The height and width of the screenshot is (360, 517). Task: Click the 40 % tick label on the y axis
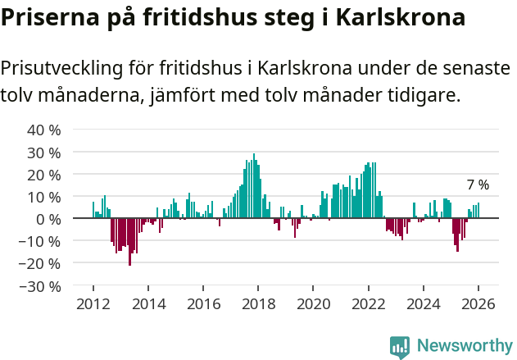click(44, 130)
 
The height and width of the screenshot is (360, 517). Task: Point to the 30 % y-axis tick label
click(44, 153)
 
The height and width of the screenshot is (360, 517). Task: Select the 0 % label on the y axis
click(48, 219)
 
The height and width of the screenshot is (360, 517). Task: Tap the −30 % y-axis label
click(41, 286)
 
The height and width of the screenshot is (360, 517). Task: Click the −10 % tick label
click(41, 242)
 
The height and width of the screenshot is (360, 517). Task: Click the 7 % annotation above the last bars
click(478, 185)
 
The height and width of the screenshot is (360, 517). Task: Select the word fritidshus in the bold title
click(202, 17)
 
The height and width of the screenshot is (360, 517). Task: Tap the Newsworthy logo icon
click(400, 346)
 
